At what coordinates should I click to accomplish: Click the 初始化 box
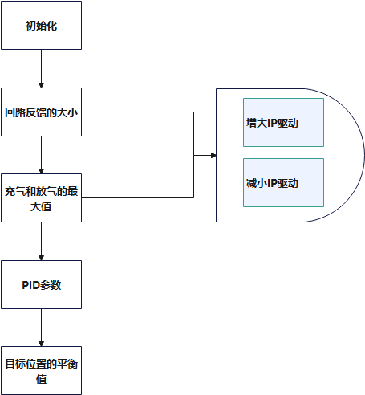[41, 26]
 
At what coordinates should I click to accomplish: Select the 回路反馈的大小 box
[41, 112]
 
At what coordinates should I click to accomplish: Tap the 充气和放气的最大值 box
[41, 198]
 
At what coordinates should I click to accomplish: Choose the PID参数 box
[41, 284]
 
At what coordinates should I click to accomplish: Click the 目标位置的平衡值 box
[41, 371]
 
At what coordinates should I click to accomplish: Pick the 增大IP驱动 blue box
[283, 123]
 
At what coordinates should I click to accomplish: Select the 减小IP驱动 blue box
[283, 183]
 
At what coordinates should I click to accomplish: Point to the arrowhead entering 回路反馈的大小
[41, 85]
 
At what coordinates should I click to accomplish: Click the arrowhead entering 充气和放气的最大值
[41, 171]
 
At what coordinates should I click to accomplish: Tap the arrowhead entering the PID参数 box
[41, 258]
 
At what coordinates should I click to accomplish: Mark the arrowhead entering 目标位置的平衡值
[41, 344]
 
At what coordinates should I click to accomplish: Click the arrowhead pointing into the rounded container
[213, 155]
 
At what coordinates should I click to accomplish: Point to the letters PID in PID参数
[30, 285]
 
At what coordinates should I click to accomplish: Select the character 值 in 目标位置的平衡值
[41, 379]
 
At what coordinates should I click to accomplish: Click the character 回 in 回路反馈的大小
[10, 112]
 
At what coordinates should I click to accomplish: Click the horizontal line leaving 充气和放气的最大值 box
[138, 197]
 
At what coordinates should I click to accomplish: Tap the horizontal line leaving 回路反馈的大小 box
[138, 112]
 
